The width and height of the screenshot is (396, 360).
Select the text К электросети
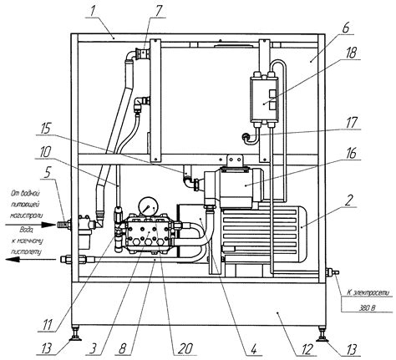365,292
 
